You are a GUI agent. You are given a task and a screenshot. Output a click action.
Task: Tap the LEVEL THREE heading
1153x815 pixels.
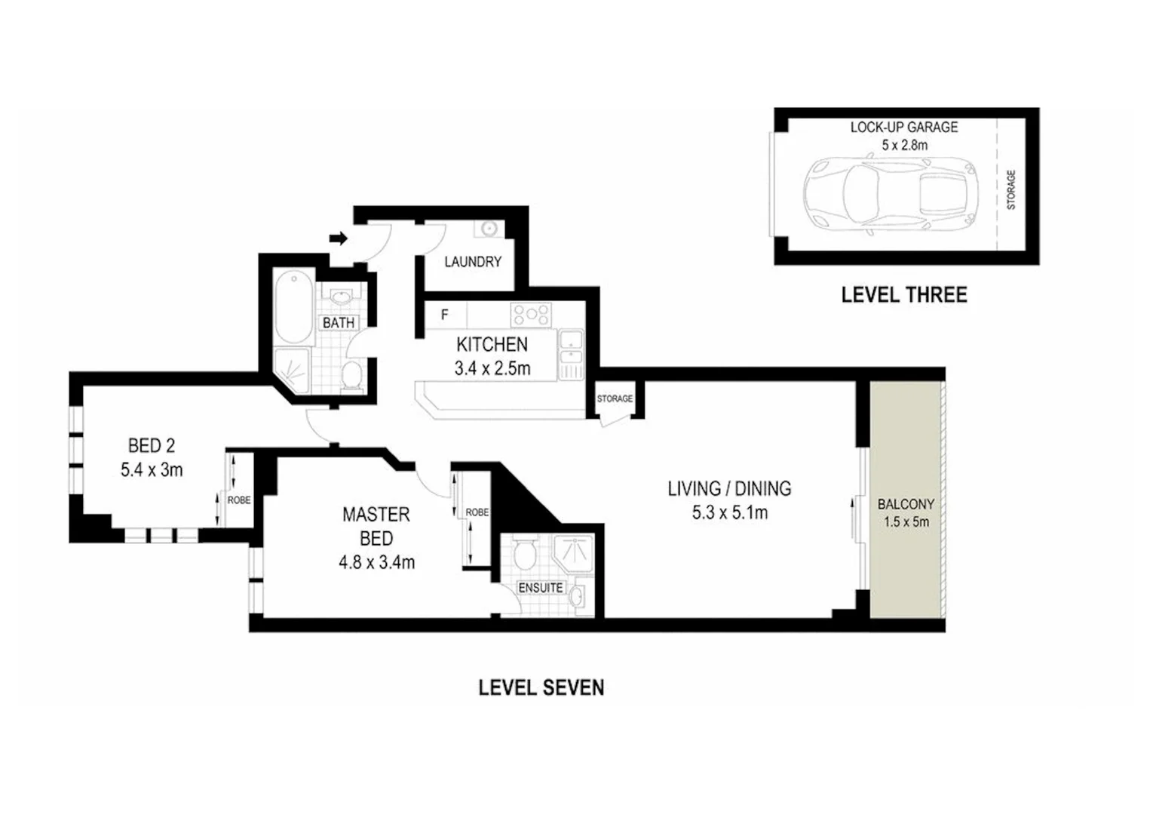pyautogui.click(x=903, y=294)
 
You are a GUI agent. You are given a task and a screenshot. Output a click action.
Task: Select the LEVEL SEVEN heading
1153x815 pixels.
pyautogui.click(x=541, y=687)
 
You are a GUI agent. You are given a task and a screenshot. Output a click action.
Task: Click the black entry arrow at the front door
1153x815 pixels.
pyautogui.click(x=339, y=238)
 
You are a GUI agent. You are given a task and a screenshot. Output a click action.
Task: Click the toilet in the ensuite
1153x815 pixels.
pyautogui.click(x=523, y=555)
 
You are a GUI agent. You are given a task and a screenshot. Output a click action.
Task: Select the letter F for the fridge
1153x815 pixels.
pyautogui.click(x=445, y=315)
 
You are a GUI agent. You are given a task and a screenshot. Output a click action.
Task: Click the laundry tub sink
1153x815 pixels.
pyautogui.click(x=488, y=228)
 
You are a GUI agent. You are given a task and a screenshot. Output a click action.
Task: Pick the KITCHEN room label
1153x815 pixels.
pyautogui.click(x=492, y=345)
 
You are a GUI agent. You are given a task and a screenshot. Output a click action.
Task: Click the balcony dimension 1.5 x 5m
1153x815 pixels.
pyautogui.click(x=906, y=521)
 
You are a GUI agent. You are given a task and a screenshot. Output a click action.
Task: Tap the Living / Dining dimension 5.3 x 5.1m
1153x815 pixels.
pyautogui.click(x=729, y=513)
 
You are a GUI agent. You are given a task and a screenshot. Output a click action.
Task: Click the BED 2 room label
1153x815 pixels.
pyautogui.click(x=151, y=445)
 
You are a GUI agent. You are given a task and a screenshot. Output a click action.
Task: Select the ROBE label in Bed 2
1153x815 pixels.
pyautogui.click(x=239, y=500)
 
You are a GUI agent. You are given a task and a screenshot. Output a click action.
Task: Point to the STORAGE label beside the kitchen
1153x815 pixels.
pyautogui.click(x=615, y=398)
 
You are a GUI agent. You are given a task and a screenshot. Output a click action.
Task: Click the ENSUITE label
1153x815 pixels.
pyautogui.click(x=540, y=587)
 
